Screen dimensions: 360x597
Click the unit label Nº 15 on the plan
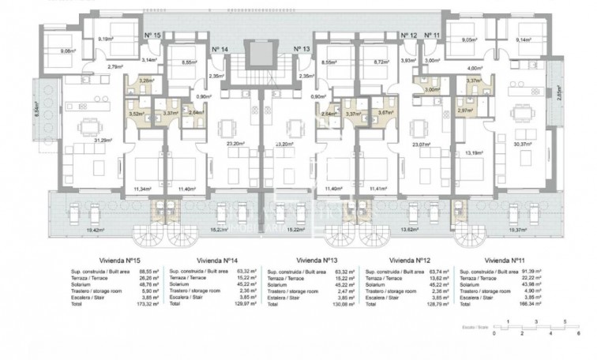click(152, 36)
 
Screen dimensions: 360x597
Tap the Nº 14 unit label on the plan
click(221, 49)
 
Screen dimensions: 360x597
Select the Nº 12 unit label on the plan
click(407, 36)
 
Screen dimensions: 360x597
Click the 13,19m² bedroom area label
click(473, 153)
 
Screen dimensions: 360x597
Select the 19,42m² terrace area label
click(73, 231)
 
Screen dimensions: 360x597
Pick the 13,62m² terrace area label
click(411, 231)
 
